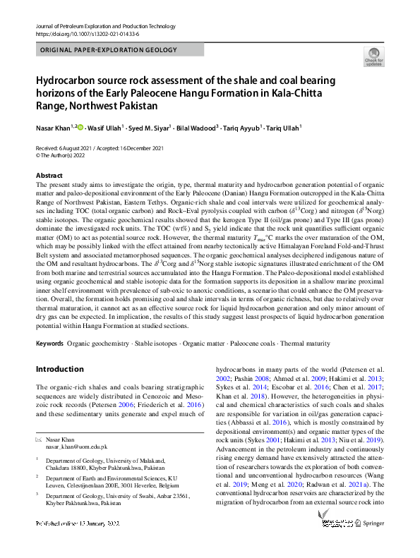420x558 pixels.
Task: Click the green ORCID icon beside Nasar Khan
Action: click(80, 128)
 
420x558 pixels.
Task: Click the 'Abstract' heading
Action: click(49, 175)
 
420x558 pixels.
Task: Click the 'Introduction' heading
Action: click(59, 369)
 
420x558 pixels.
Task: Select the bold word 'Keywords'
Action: click(49, 344)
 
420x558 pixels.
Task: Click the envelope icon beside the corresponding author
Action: click(39, 439)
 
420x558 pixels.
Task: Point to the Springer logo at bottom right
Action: click(368, 524)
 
